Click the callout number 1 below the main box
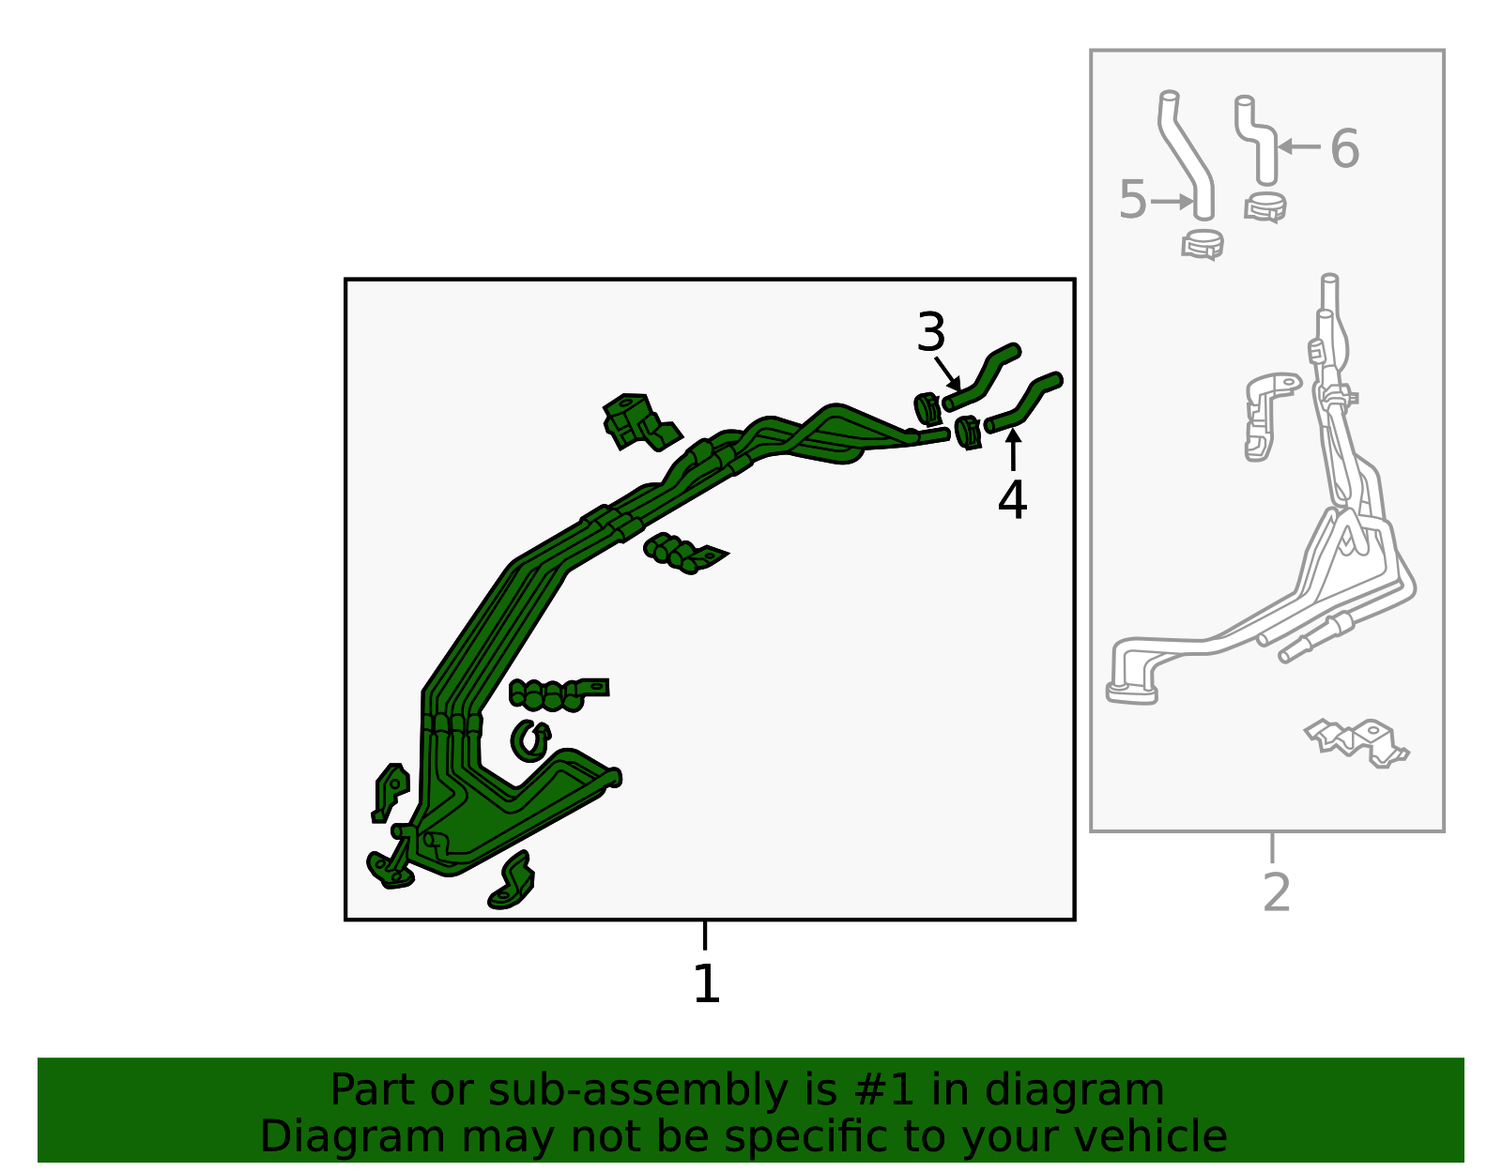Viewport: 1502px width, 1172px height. coord(707,983)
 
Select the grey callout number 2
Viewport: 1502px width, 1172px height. coord(1276,892)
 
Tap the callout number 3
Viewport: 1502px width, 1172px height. coord(930,332)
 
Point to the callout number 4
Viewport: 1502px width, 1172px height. coord(1012,499)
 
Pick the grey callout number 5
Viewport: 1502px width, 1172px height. coord(1133,200)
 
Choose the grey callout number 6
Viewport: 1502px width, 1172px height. coord(1345,148)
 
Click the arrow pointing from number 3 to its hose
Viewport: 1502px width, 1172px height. coord(947,373)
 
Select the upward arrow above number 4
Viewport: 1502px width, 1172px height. coord(1013,449)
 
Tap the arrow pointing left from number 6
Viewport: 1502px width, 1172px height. coord(1299,146)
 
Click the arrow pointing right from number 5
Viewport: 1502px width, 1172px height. coord(1172,202)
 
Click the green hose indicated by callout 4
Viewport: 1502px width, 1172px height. coord(1023,402)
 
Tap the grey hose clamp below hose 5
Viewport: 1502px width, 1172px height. coord(1202,245)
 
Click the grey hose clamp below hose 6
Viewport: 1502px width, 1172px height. coord(1264,207)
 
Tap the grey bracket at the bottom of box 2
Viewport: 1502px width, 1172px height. coord(1356,742)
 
